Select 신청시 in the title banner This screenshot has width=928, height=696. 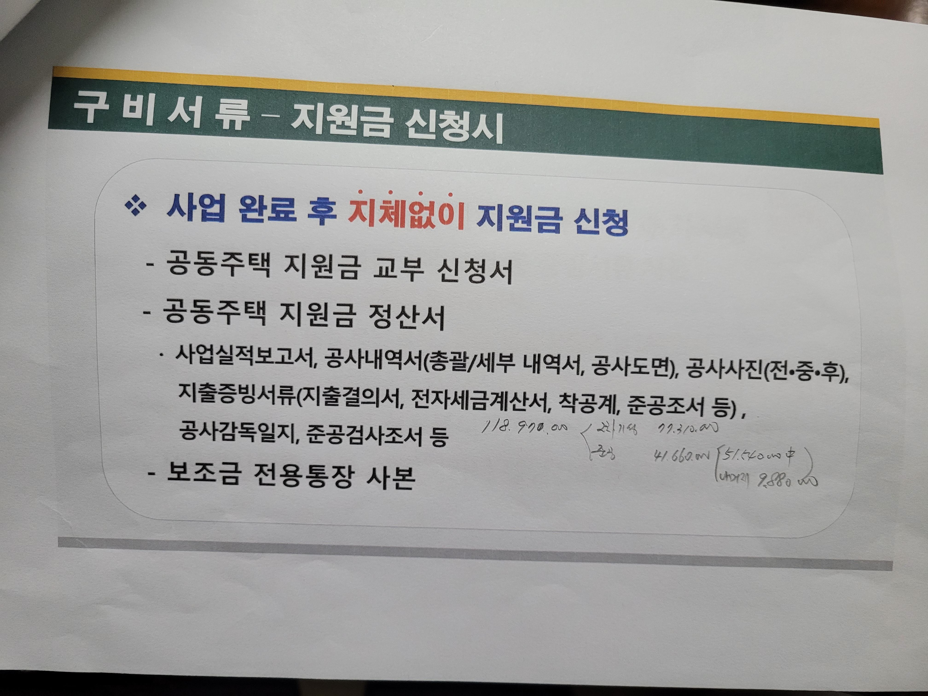449,126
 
